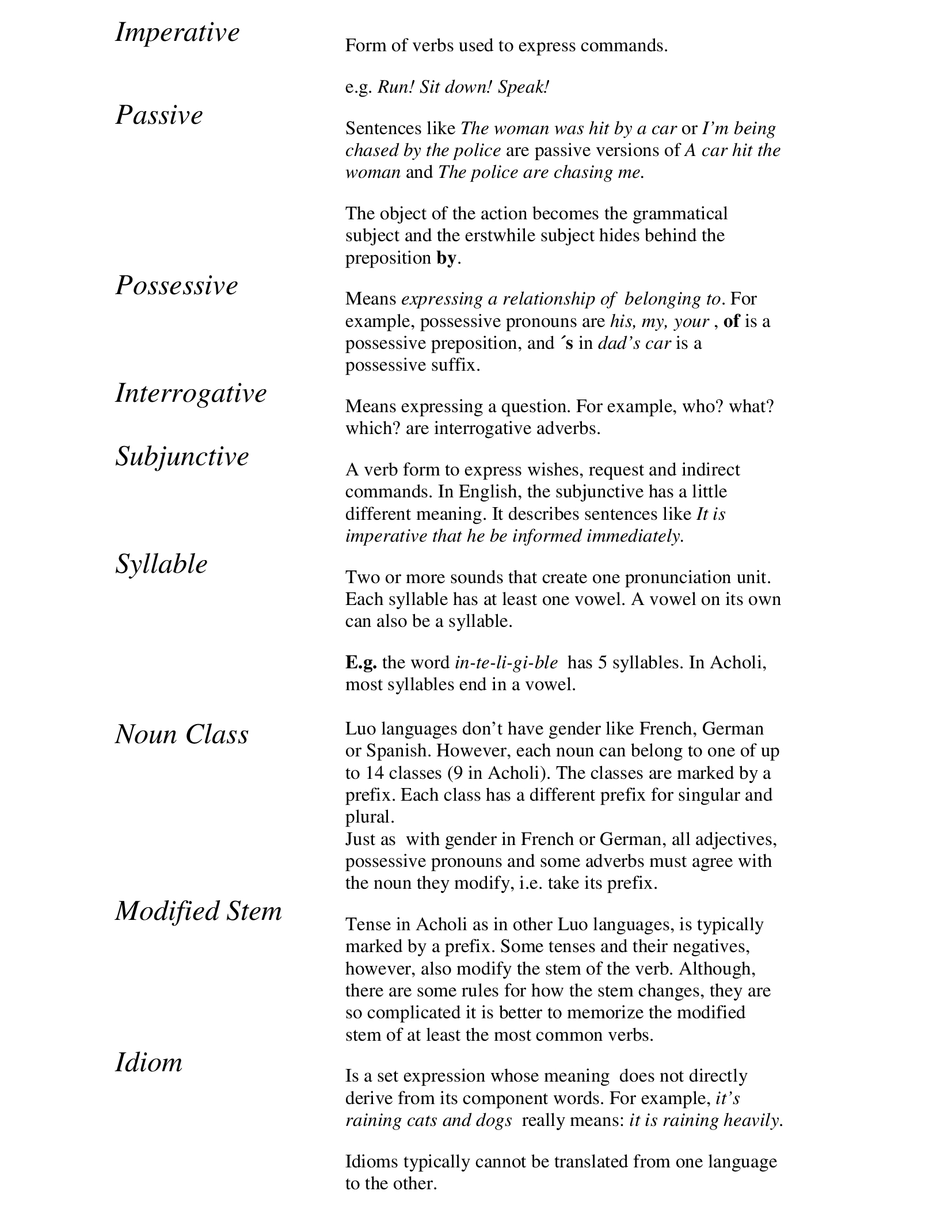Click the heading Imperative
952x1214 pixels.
[x=177, y=33]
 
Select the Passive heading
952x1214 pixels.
[x=159, y=116]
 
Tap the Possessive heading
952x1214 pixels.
[x=176, y=286]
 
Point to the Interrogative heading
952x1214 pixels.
[x=191, y=394]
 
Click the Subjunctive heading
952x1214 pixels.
[x=182, y=457]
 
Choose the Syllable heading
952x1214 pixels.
[x=161, y=564]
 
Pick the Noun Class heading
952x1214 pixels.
[x=181, y=735]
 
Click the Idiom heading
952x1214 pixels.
[x=148, y=1063]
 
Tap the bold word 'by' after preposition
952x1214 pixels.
[x=446, y=258]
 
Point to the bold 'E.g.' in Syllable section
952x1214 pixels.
[x=361, y=663]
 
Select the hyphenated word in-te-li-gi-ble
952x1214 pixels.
[x=506, y=663]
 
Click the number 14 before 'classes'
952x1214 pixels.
[x=375, y=773]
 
